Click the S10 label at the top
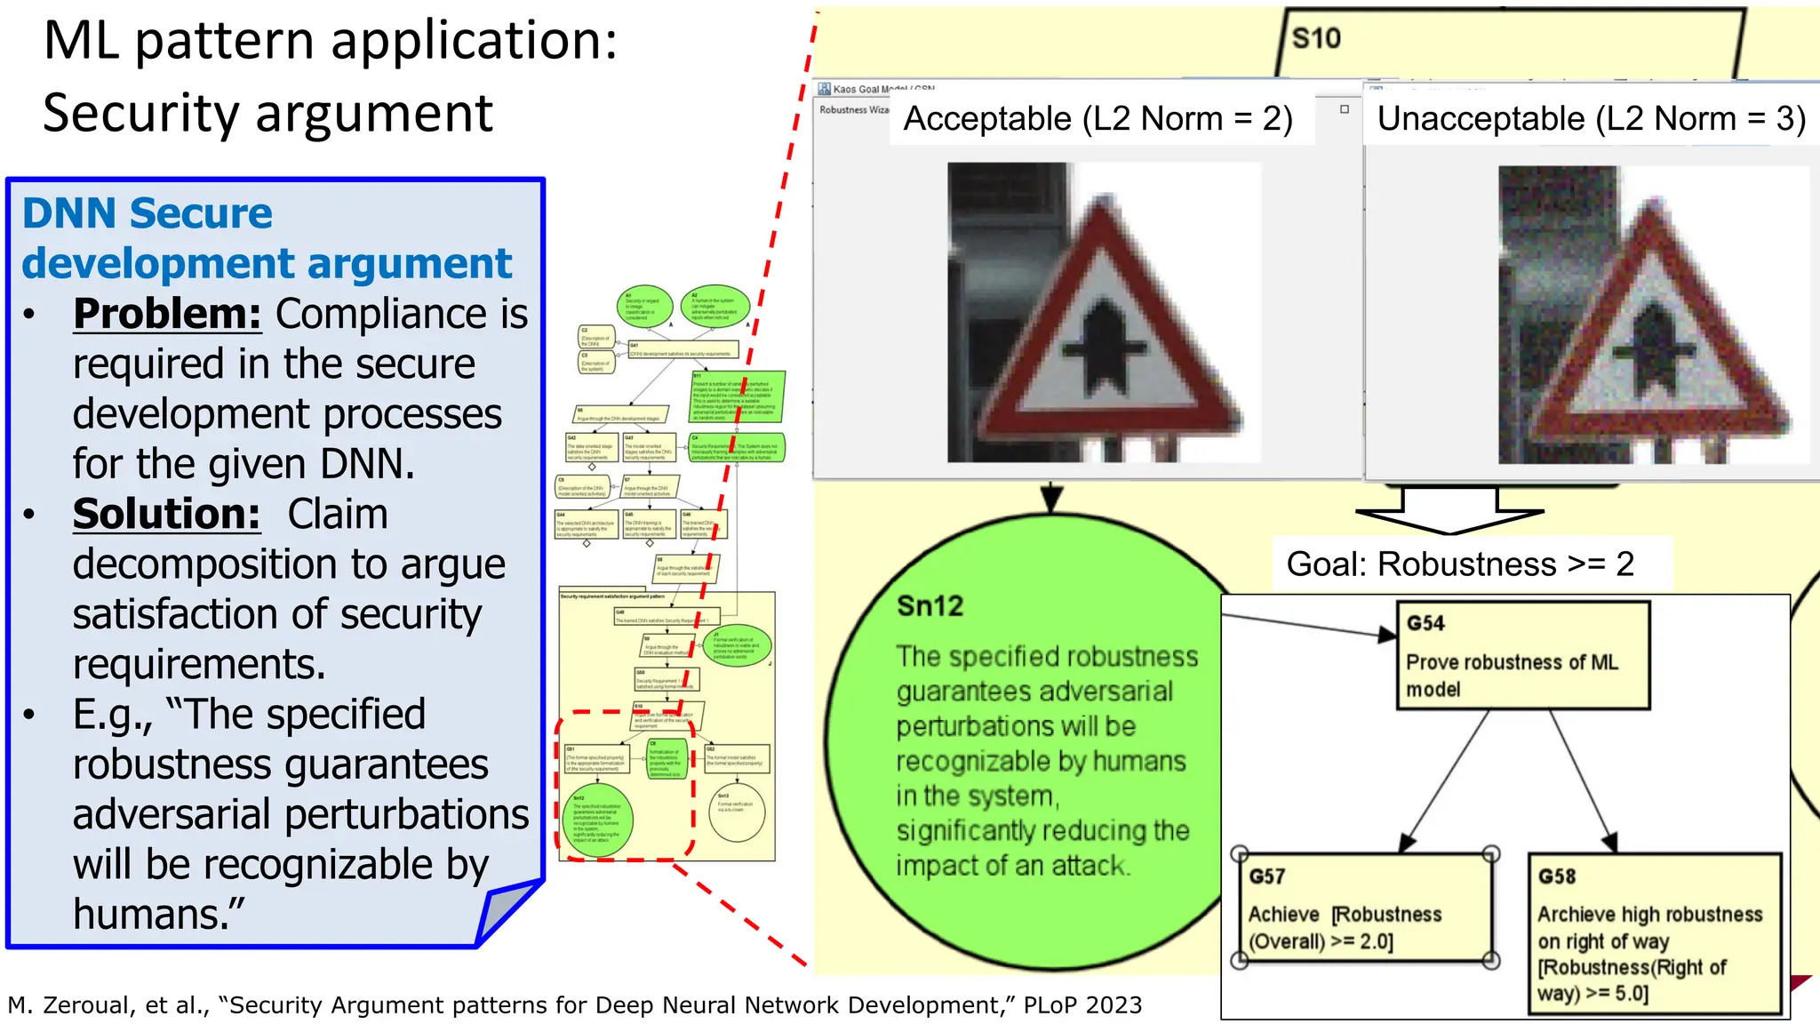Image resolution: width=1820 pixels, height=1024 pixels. (x=1315, y=38)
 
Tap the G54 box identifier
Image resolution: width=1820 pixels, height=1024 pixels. (x=1425, y=623)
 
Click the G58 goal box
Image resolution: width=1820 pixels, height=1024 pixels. (x=1655, y=933)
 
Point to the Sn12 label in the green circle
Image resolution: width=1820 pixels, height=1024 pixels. (x=930, y=606)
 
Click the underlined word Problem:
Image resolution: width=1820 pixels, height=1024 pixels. (x=167, y=314)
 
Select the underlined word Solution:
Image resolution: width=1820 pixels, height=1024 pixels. (x=167, y=514)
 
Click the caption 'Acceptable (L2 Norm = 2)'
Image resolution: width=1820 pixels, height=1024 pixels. (x=1098, y=118)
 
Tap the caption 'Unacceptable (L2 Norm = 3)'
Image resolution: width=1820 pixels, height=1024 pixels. (x=1591, y=118)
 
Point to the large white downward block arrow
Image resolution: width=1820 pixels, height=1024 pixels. (x=1449, y=512)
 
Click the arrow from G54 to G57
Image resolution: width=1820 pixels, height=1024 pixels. (x=1445, y=780)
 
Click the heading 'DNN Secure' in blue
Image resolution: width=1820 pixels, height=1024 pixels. (x=147, y=213)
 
